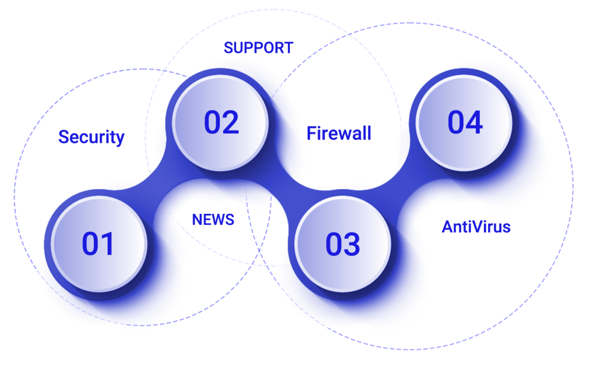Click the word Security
point(92,137)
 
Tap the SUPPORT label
point(258,48)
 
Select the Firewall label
point(339,133)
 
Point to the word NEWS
point(213,220)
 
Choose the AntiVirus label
point(476,227)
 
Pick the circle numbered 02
point(221,122)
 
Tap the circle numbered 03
point(343,244)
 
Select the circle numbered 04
point(464,122)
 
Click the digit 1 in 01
point(108,244)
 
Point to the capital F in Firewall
point(311,133)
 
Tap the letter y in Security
point(120,139)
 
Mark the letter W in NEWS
point(217,220)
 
